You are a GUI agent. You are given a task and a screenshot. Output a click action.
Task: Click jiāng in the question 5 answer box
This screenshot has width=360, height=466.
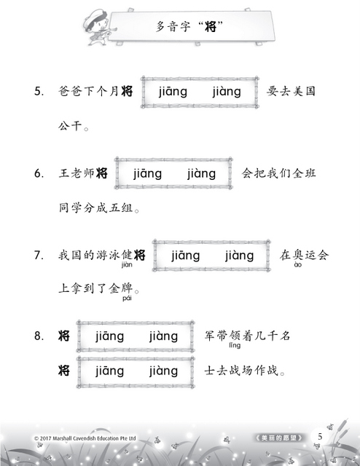[x=173, y=92]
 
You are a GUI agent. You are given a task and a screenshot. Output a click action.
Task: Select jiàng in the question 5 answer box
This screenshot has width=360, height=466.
[x=227, y=92]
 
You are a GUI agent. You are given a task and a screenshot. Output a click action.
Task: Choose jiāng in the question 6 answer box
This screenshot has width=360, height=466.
[x=147, y=174]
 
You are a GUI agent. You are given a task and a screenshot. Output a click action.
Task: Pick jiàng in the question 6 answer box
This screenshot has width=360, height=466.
[x=201, y=174]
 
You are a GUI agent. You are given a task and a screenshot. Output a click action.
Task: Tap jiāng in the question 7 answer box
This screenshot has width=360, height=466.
[x=186, y=256]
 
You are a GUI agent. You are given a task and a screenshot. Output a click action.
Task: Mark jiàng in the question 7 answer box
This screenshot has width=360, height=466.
[x=240, y=256]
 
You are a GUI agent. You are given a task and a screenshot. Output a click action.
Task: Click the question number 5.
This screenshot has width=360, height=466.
[x=39, y=91]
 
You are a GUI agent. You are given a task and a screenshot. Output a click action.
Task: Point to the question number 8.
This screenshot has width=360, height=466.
[x=39, y=336]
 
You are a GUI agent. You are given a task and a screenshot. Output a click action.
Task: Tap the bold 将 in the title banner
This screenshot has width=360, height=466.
[x=211, y=27]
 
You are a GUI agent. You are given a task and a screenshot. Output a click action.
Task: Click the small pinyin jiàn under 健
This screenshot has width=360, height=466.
[x=127, y=265]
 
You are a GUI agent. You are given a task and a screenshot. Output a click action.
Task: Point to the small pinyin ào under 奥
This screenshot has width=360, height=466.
[x=297, y=265]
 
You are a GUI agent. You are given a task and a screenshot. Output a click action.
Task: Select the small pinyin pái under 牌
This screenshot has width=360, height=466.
[x=127, y=298]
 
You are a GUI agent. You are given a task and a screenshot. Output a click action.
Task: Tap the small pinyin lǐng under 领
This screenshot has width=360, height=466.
[x=235, y=345]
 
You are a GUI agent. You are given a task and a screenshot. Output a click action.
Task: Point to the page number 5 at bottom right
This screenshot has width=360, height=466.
[x=320, y=437]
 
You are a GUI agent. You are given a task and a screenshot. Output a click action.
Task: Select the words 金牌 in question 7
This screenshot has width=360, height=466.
[x=120, y=288]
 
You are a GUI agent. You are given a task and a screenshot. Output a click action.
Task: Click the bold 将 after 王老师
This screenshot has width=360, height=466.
[x=102, y=173]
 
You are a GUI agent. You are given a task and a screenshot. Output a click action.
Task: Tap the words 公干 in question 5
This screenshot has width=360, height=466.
[x=70, y=125]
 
